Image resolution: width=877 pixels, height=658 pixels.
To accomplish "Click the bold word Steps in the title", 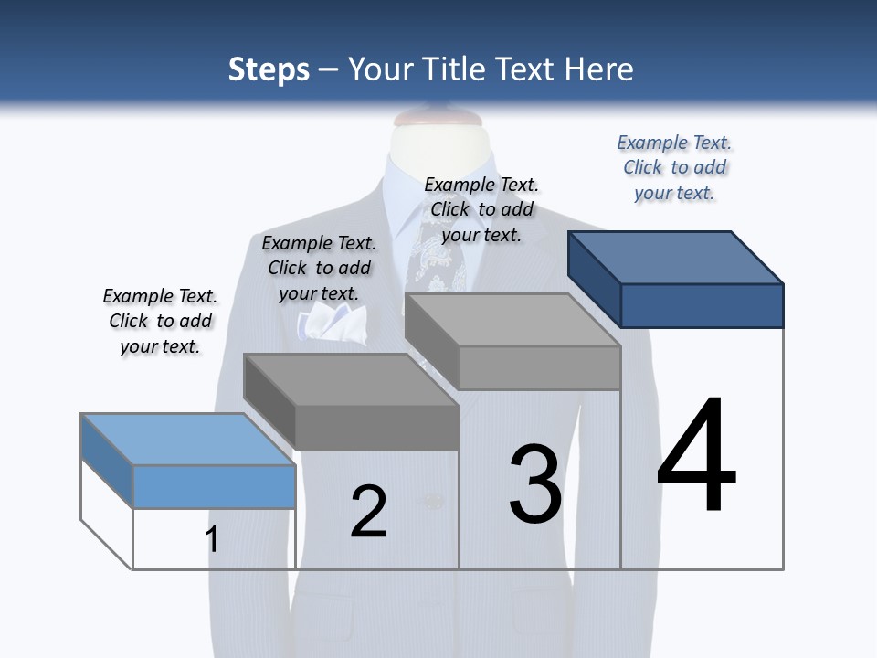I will pyautogui.click(x=269, y=69).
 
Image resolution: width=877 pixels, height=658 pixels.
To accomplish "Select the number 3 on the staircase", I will pyautogui.click(x=535, y=484).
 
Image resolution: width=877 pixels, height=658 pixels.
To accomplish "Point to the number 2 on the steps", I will pyautogui.click(x=368, y=512).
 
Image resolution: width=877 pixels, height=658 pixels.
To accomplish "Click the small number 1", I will pyautogui.click(x=212, y=539).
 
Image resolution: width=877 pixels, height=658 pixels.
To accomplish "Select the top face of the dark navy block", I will pyautogui.click(x=676, y=257).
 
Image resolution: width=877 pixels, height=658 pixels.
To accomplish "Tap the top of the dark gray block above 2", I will pyautogui.click(x=352, y=379).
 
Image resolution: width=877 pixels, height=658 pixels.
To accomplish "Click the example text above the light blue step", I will pyautogui.click(x=160, y=321).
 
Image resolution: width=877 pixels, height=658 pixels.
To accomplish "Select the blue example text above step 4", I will pyautogui.click(x=674, y=167).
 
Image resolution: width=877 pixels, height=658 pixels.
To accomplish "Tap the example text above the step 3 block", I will pyautogui.click(x=481, y=209).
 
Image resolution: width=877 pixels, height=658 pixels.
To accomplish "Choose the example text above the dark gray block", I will pyautogui.click(x=319, y=268).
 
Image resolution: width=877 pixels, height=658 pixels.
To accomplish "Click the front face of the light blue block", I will pyautogui.click(x=214, y=486).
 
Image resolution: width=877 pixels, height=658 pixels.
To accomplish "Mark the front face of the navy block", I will pyautogui.click(x=702, y=305).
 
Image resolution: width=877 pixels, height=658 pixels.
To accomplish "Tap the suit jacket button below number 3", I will pyautogui.click(x=433, y=501).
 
